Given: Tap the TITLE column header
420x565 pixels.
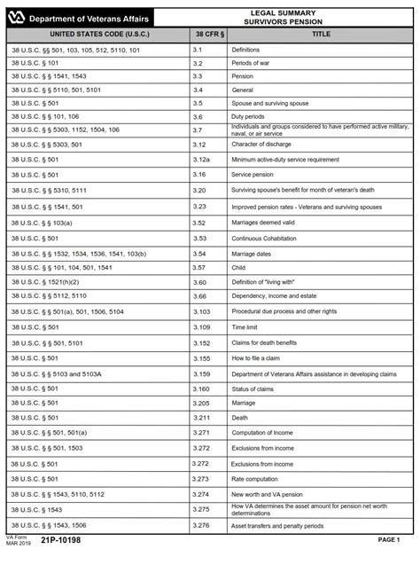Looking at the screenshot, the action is (x=320, y=34).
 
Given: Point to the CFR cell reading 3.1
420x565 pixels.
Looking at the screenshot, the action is (x=198, y=51).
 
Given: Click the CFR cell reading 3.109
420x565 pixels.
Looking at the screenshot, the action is (x=202, y=327).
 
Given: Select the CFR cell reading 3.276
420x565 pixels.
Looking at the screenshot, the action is (x=201, y=525).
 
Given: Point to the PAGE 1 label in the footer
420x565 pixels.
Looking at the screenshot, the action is (x=391, y=539).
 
